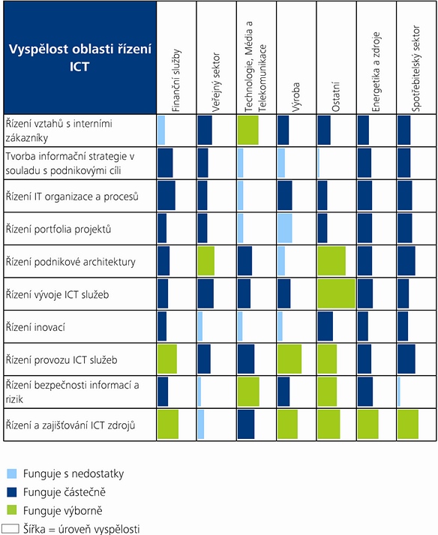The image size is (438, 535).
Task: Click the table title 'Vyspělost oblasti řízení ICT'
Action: [79, 57]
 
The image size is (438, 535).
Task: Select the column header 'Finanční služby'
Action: [176, 80]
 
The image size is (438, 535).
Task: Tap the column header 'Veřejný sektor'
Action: [216, 82]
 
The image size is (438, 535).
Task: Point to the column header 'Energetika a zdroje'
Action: [376, 71]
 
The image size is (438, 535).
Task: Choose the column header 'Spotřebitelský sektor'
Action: [415, 68]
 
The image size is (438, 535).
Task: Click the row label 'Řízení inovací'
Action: [35, 327]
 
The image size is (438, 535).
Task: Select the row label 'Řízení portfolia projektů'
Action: [58, 229]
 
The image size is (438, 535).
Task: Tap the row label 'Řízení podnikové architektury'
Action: [70, 261]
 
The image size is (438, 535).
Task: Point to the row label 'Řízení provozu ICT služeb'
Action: [61, 359]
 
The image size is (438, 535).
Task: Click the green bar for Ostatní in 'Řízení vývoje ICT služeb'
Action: [336, 294]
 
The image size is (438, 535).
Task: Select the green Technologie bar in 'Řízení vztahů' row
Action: [248, 130]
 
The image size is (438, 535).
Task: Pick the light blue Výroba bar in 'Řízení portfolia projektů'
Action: [285, 228]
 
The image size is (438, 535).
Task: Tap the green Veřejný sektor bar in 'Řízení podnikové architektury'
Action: [206, 261]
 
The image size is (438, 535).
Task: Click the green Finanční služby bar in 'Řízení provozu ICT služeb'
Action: [167, 359]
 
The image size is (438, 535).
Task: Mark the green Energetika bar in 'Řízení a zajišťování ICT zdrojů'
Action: [368, 425]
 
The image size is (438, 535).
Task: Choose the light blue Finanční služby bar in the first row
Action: [161, 130]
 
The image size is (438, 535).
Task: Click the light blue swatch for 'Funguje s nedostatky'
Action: [11, 473]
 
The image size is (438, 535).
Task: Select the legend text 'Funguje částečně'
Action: [64, 492]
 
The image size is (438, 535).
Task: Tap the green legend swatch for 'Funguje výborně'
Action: [11, 510]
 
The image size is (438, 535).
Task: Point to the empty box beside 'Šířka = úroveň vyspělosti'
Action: [10, 528]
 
